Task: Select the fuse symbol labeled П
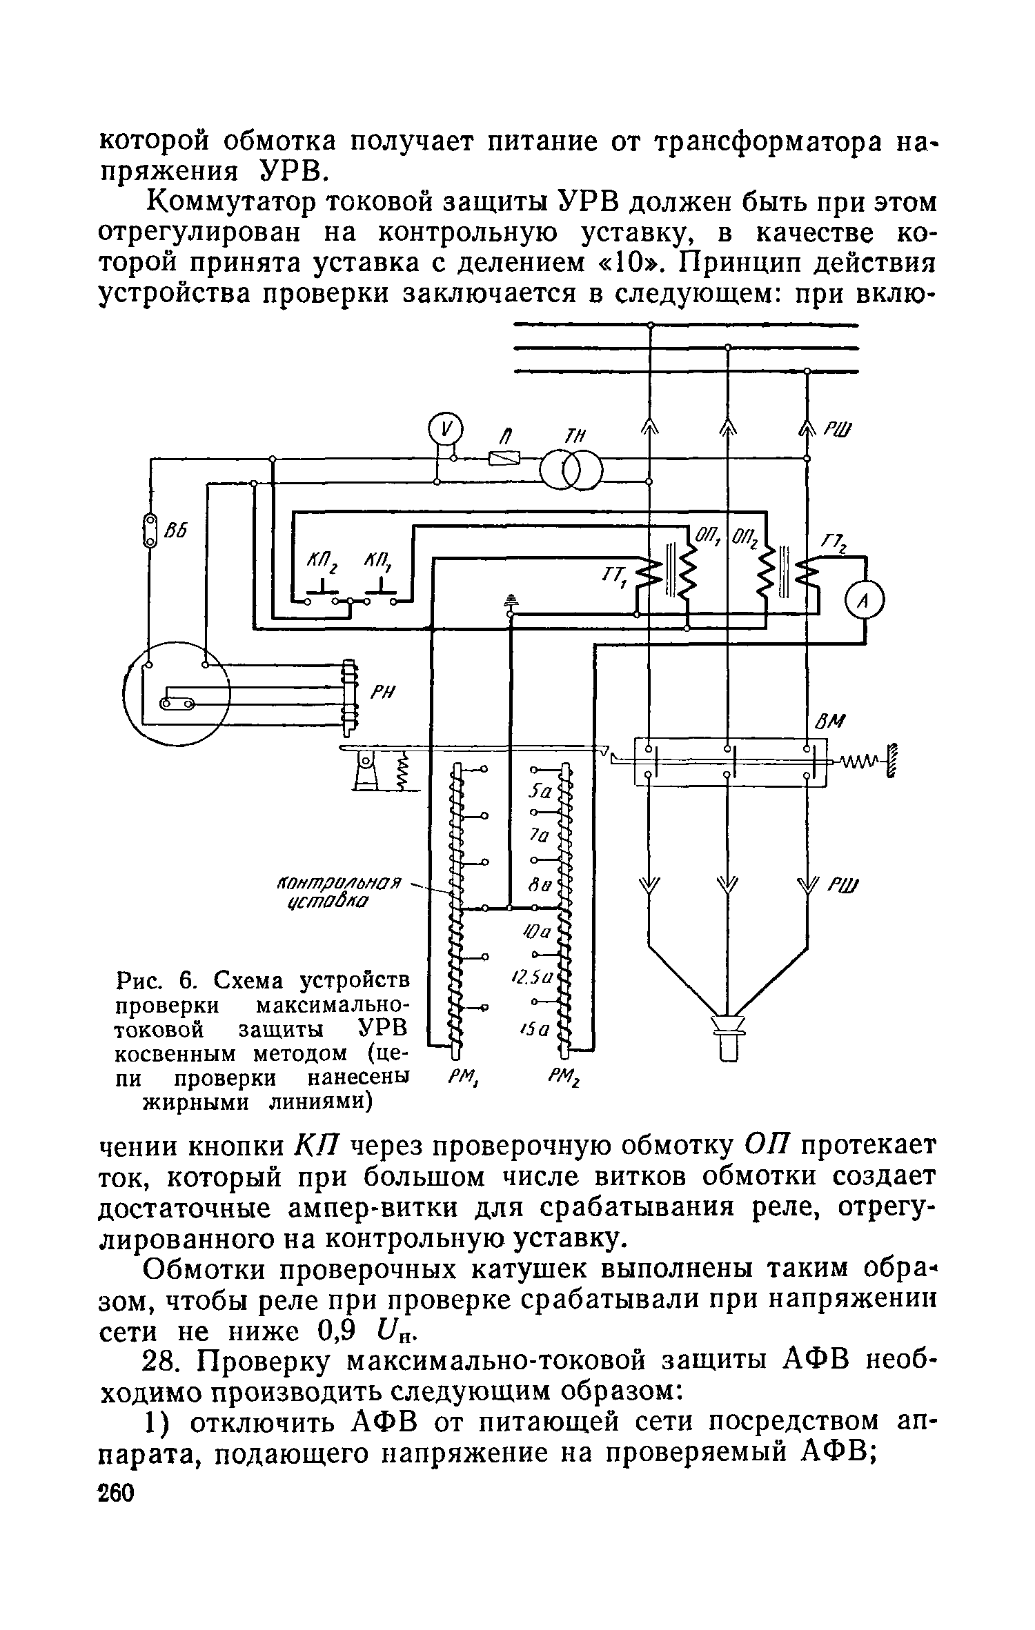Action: (504, 459)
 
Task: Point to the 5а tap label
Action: (540, 793)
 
